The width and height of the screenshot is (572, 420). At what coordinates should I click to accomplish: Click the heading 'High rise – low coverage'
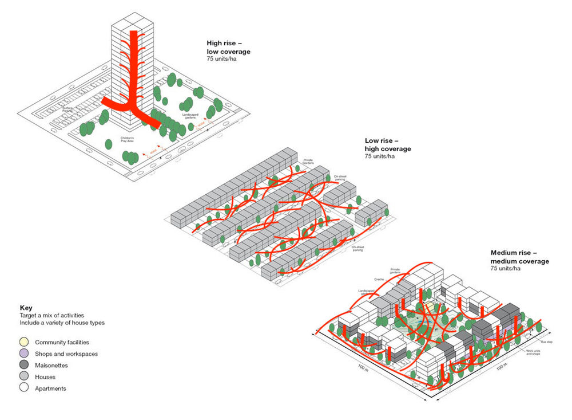click(228, 48)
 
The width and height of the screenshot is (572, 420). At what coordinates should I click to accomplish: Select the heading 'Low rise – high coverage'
click(388, 145)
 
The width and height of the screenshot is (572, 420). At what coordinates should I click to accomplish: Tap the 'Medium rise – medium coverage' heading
click(519, 257)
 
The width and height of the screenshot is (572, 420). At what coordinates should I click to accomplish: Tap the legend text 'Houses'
click(45, 377)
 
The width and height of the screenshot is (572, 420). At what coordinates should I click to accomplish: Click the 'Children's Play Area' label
click(126, 139)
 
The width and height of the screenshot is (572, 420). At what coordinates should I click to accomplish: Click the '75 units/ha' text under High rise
click(222, 59)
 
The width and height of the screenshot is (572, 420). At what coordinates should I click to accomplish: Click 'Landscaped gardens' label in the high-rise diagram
click(190, 117)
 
